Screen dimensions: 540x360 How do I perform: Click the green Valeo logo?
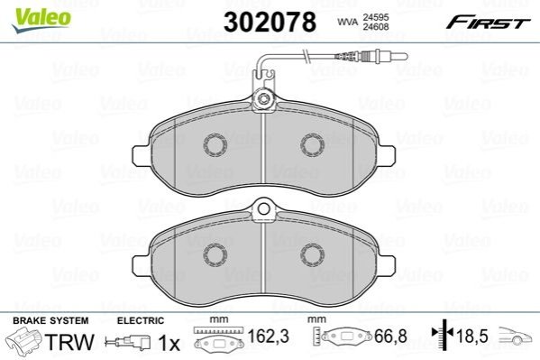click(x=41, y=20)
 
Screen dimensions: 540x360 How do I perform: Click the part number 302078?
click(x=270, y=22)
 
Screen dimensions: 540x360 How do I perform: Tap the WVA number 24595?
click(x=375, y=17)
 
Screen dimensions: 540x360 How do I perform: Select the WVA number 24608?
click(x=375, y=26)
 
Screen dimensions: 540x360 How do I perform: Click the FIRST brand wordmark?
click(x=488, y=23)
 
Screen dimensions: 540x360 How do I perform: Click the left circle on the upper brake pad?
click(x=215, y=145)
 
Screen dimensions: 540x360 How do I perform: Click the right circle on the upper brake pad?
click(x=312, y=145)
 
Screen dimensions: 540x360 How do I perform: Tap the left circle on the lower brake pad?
click(x=215, y=255)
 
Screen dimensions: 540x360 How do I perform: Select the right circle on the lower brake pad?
click(x=312, y=255)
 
